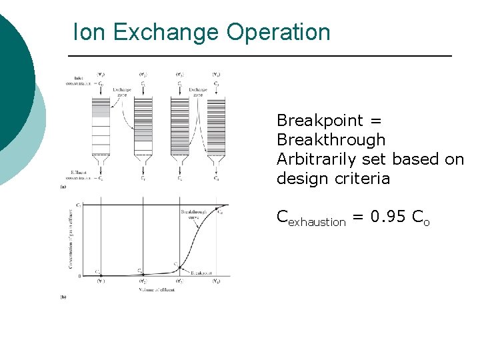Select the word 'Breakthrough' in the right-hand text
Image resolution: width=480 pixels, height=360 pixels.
(331, 140)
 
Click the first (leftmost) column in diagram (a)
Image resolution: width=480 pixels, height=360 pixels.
(101, 127)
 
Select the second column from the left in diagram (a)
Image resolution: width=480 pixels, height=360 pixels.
(143, 127)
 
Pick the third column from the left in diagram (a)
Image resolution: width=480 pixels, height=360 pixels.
(180, 127)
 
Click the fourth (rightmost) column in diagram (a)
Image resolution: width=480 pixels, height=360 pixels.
(216, 127)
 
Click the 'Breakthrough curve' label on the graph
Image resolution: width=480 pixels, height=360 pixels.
(191, 215)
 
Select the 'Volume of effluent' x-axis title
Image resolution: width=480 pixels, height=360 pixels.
(157, 289)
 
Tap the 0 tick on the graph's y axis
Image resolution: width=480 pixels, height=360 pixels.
(80, 275)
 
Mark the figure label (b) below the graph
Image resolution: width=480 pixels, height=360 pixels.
(63, 296)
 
